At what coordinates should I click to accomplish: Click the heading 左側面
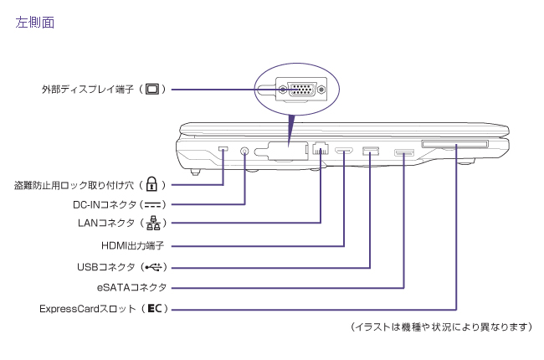(x=35, y=23)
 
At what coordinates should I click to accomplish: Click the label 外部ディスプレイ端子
(x=88, y=89)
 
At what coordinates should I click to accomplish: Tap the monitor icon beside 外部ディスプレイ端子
(x=152, y=89)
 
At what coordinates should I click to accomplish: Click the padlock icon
(x=151, y=183)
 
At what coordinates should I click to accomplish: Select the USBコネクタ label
(x=105, y=267)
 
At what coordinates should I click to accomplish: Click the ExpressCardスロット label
(x=89, y=309)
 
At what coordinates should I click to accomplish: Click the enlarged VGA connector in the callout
(x=299, y=90)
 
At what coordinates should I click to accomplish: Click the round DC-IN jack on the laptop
(x=244, y=152)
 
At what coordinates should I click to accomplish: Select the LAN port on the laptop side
(x=321, y=152)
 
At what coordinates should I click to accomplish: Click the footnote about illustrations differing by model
(x=441, y=327)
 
